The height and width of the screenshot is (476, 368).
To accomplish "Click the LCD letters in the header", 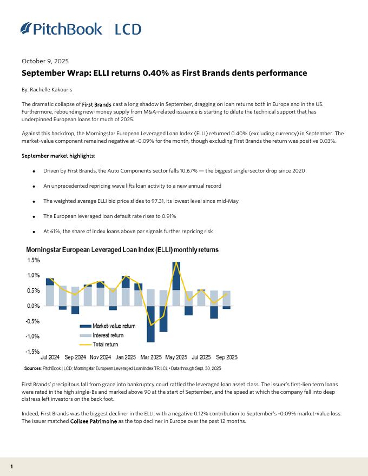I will coord(128,29).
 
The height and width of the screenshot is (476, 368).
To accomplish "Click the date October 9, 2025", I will coord(45,61).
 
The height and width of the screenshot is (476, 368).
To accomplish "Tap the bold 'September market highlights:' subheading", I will coord(58,156).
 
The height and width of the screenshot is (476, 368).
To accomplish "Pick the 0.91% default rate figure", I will coord(166,216).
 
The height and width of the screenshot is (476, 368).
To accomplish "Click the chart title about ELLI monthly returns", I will coord(122,250).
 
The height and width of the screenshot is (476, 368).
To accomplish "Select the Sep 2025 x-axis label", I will coord(226,358).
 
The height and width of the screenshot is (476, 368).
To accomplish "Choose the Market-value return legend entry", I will coord(114,326).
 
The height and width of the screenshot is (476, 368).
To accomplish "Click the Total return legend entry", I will coord(105,345).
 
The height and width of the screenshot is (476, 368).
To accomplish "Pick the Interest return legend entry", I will coord(108,335).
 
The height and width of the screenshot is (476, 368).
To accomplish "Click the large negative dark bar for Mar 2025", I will coord(150,324).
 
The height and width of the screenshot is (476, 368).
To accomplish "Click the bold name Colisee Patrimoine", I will coord(95,421).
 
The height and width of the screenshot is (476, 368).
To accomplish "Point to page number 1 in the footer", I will coord(11,466).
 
